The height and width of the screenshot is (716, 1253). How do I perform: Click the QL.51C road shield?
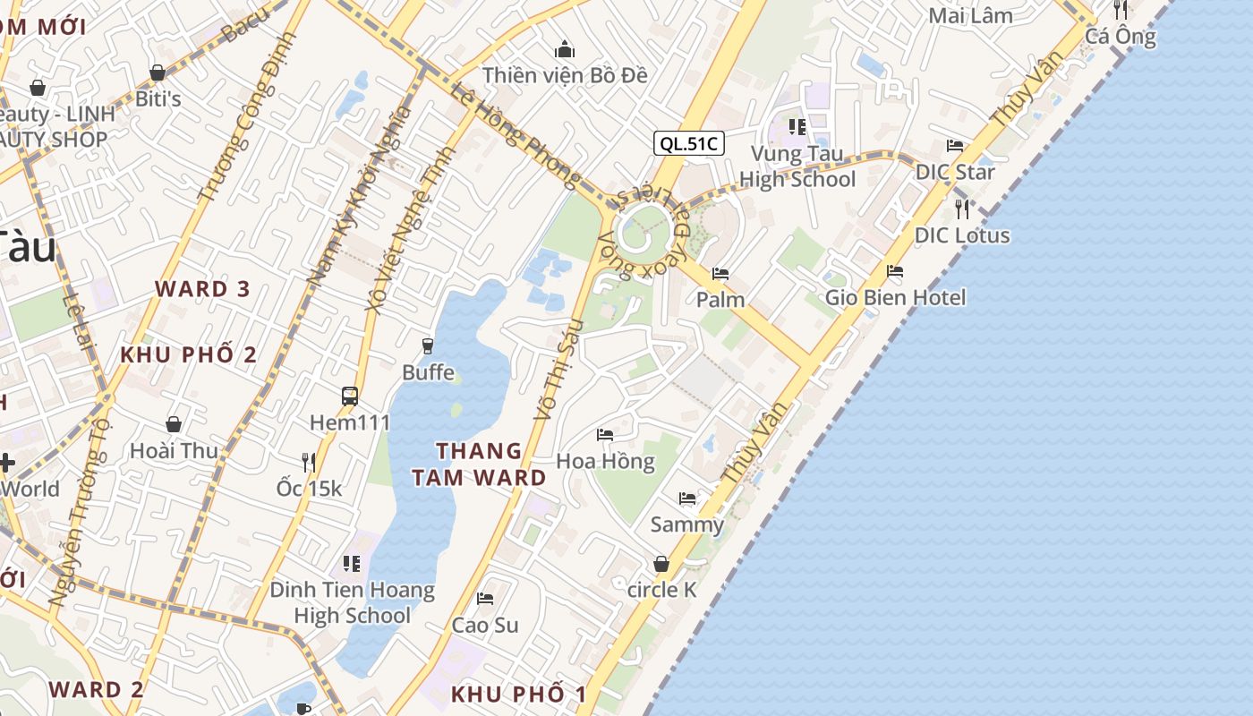point(687,143)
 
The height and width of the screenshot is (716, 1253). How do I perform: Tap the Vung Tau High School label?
point(797,166)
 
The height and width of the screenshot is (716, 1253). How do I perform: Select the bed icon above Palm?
point(720,273)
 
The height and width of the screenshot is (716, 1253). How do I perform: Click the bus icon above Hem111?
point(350,396)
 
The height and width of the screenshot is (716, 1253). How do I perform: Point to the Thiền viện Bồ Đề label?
point(565,75)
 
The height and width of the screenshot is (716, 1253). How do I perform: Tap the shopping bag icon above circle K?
point(661,564)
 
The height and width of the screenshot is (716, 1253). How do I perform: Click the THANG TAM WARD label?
point(479,464)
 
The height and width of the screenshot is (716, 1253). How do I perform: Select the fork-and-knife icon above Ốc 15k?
point(309,462)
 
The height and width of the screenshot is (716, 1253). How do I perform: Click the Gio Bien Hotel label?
point(895,297)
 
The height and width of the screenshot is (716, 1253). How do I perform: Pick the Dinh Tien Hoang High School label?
point(353,602)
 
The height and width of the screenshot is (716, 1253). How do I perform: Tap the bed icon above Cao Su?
point(485,598)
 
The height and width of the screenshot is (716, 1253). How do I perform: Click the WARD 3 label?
point(202,289)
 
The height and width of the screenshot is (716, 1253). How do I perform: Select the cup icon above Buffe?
point(428,345)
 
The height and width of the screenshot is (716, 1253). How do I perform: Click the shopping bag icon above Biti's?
point(158,72)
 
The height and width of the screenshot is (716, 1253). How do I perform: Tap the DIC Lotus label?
point(962,235)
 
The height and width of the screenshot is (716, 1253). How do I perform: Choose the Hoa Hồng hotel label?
point(606,462)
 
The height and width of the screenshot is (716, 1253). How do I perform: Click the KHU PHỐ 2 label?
point(189,354)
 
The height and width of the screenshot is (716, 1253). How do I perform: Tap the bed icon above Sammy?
point(687,498)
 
